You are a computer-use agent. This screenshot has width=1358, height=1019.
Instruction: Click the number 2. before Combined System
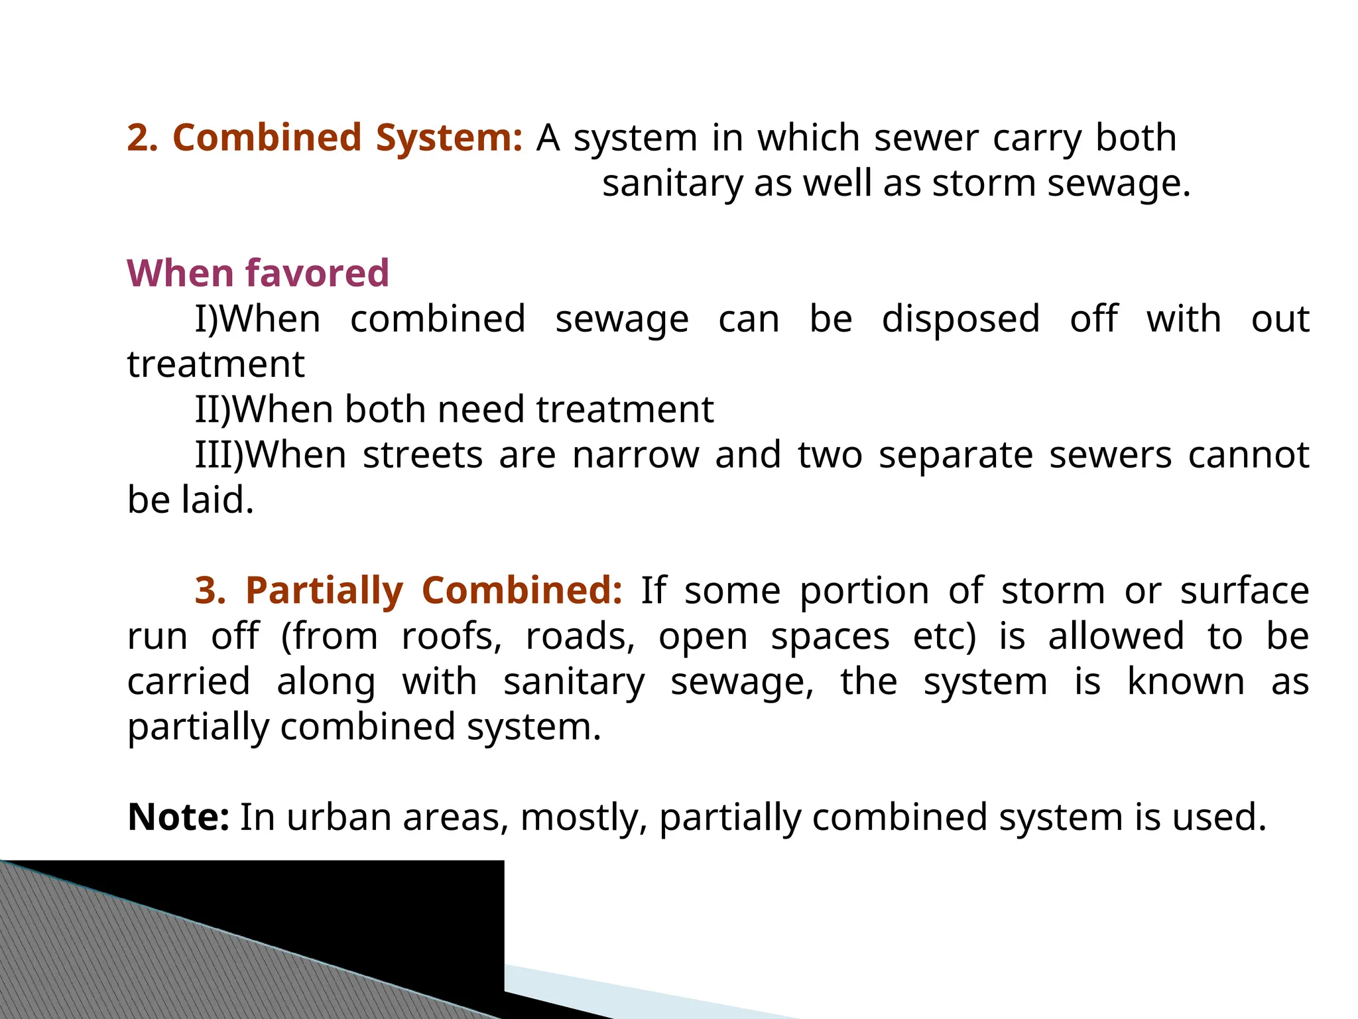click(143, 138)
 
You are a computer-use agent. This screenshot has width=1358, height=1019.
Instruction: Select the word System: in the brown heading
click(449, 139)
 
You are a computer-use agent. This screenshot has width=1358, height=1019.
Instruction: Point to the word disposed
click(961, 320)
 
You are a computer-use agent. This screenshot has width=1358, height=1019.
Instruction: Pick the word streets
click(422, 455)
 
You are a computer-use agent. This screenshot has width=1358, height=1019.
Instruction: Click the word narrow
click(635, 455)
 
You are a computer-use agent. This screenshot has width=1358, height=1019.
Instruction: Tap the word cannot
click(1248, 455)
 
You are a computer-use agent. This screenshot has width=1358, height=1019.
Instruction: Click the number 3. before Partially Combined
click(210, 590)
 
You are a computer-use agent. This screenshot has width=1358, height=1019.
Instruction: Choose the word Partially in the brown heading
click(324, 592)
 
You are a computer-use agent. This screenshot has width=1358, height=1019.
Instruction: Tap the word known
click(1186, 681)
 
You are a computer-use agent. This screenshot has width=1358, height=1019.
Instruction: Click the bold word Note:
click(178, 817)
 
